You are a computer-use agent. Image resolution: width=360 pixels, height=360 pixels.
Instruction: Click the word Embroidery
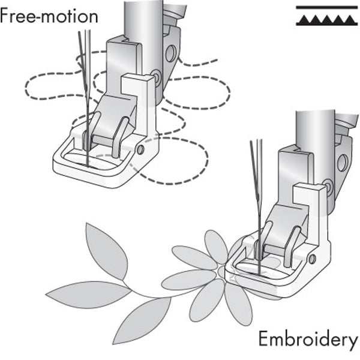click(x=307, y=340)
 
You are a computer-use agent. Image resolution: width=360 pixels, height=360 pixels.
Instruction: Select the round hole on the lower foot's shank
click(x=343, y=162)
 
